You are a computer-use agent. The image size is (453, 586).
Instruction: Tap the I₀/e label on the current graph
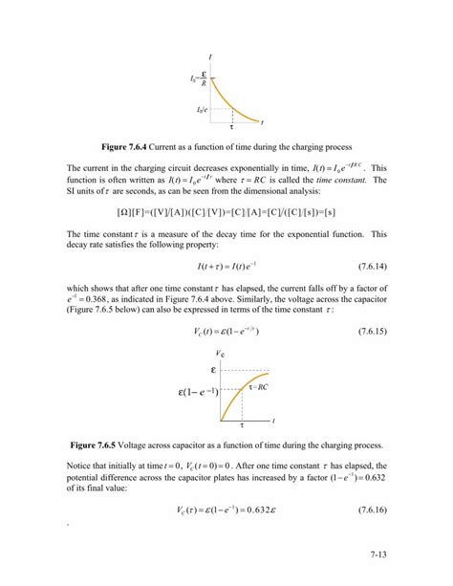click(203, 111)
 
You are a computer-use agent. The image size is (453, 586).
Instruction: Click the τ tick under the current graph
click(230, 128)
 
